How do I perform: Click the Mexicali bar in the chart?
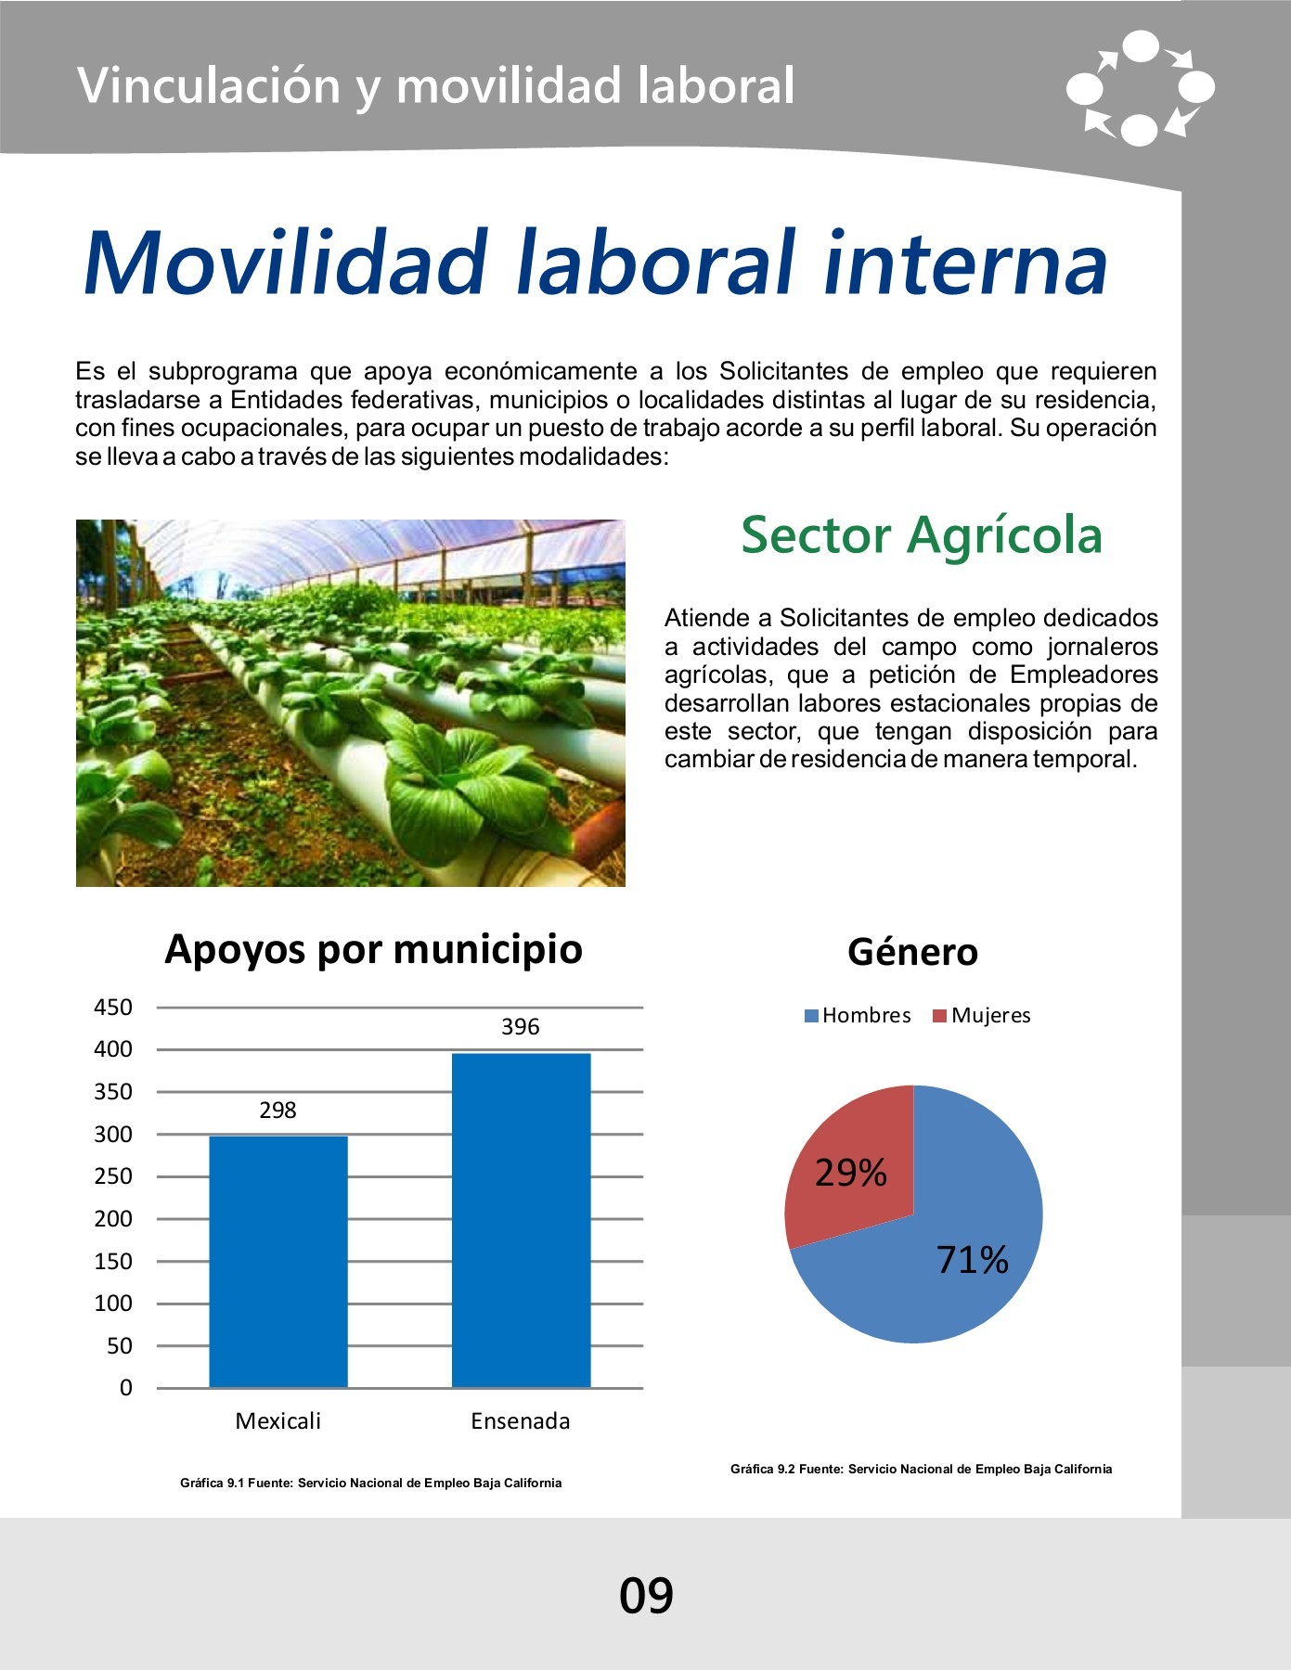click(x=278, y=1262)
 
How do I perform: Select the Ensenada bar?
click(x=521, y=1220)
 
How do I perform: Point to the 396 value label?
click(x=521, y=1027)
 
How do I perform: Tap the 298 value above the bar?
click(x=278, y=1111)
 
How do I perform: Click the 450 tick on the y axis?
click(x=113, y=1008)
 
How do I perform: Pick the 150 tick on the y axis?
click(x=113, y=1262)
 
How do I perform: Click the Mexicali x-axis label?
click(x=278, y=1421)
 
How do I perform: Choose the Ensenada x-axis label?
click(x=521, y=1421)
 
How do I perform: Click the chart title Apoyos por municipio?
click(x=373, y=950)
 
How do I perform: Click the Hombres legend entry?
click(x=858, y=1016)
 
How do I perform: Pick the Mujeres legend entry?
click(x=982, y=1016)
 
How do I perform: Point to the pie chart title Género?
click(x=913, y=952)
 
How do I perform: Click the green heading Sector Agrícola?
click(x=922, y=535)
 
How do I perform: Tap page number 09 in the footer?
click(x=647, y=1596)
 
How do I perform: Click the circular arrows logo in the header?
click(x=1141, y=88)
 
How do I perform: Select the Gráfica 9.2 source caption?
click(x=921, y=1469)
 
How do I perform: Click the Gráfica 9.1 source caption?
click(x=371, y=1483)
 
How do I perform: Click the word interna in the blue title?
click(x=965, y=263)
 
